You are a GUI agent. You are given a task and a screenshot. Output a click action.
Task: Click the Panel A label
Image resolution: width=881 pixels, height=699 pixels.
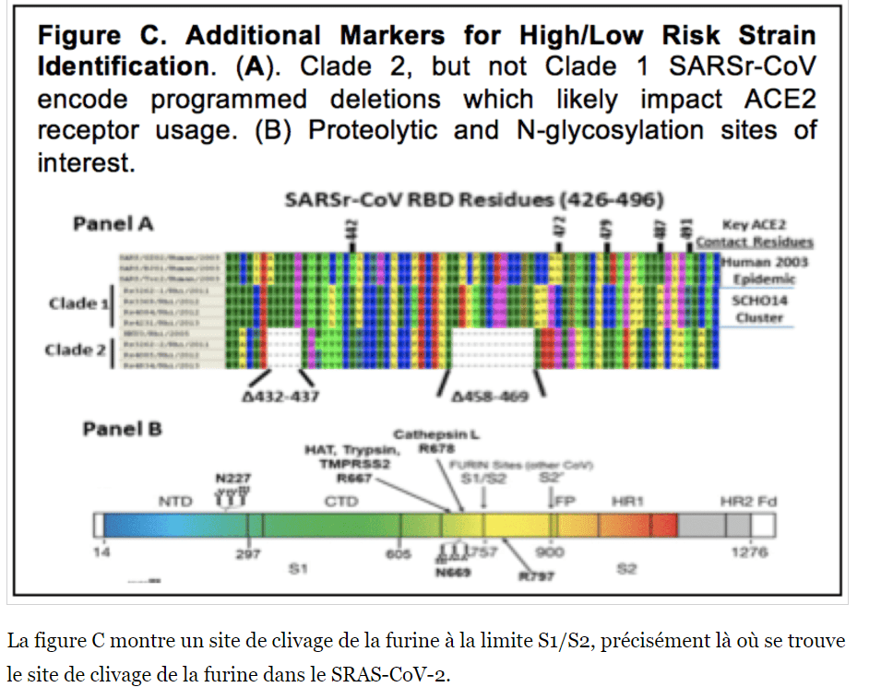point(113,223)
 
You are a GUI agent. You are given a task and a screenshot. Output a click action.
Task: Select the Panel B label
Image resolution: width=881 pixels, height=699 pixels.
point(123,429)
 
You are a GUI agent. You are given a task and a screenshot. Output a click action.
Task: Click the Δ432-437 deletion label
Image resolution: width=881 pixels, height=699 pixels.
point(274,397)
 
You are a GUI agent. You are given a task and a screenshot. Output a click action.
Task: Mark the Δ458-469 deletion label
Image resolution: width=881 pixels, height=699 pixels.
point(492,397)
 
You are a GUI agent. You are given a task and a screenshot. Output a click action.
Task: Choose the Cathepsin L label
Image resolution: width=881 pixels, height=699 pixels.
point(437,433)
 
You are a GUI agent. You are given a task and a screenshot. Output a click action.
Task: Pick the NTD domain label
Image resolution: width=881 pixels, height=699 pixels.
point(175,502)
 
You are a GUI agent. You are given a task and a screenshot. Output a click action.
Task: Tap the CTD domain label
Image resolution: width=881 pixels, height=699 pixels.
point(340,502)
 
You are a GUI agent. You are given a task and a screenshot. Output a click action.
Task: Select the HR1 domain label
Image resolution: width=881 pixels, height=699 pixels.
point(627,501)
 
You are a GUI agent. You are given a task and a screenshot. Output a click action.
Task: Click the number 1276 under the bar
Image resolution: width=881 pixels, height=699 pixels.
point(749,553)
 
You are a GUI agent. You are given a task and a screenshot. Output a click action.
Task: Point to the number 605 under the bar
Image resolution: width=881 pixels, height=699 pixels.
point(399,553)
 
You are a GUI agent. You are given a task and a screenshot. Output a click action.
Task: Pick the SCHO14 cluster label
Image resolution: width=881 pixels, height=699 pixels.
point(755,301)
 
